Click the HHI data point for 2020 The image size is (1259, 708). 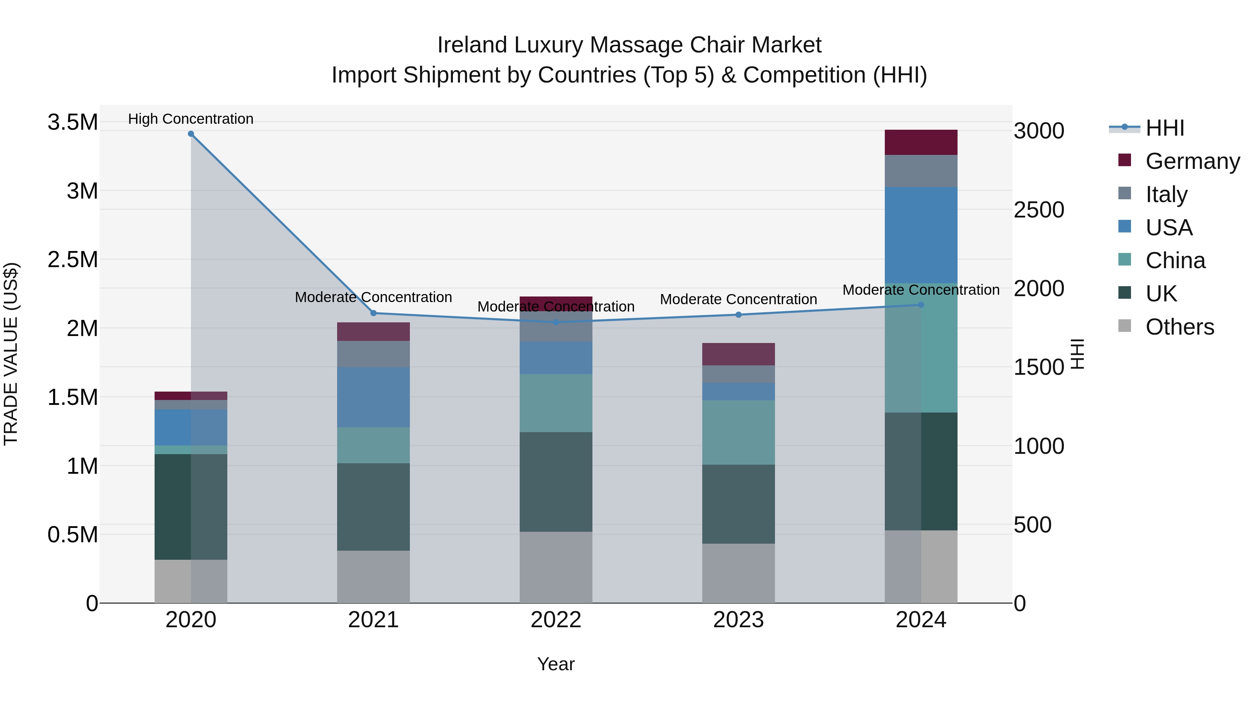[x=191, y=134]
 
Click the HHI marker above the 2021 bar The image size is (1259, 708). [x=374, y=313]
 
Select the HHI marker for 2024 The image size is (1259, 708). [x=921, y=305]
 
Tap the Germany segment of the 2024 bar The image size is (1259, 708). [x=921, y=142]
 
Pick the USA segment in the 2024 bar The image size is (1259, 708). [x=921, y=235]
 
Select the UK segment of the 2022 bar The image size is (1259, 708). [x=556, y=482]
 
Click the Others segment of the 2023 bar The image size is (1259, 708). [x=739, y=573]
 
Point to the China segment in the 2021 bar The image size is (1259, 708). [x=374, y=445]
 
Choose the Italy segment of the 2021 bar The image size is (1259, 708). [x=374, y=354]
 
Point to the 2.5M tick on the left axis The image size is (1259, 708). [x=72, y=259]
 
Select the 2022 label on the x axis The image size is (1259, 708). [x=556, y=620]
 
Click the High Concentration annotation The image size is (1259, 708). [x=191, y=119]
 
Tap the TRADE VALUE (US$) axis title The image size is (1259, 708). [x=11, y=354]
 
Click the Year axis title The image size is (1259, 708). [x=556, y=664]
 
